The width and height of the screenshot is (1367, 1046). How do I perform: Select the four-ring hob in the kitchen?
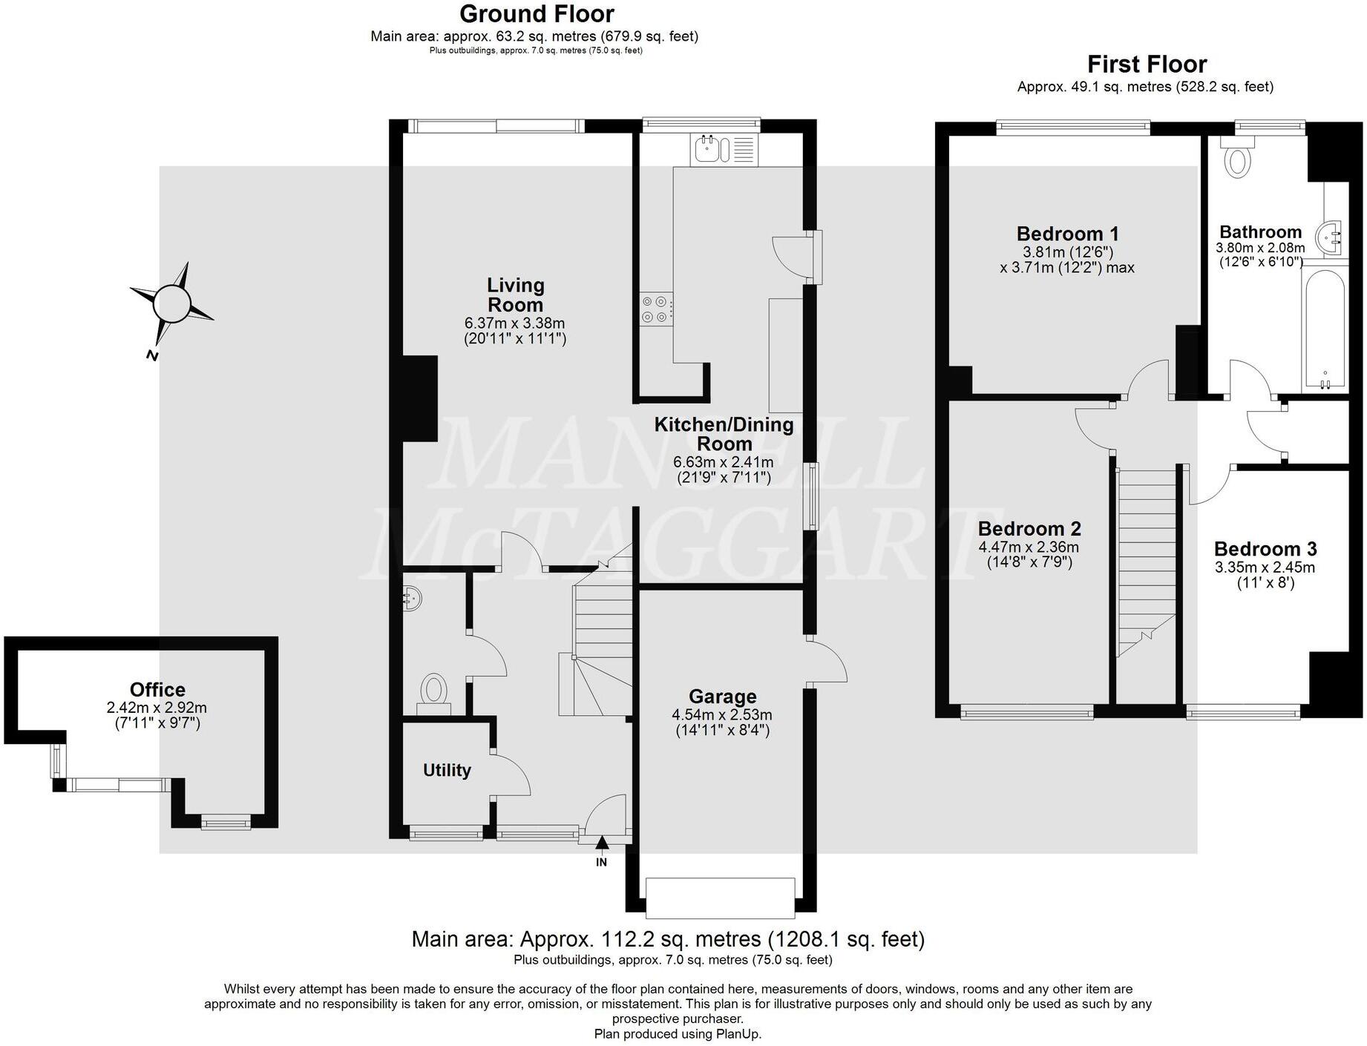point(657,309)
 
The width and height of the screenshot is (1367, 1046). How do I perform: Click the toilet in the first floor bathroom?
point(1236,160)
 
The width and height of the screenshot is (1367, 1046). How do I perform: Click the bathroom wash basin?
point(1329,238)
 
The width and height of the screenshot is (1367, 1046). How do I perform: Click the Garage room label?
point(722,697)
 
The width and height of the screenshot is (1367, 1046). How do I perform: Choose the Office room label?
point(157,689)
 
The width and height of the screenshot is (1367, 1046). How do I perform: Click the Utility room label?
point(447,770)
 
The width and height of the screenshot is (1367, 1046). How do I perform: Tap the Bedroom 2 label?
point(1029,529)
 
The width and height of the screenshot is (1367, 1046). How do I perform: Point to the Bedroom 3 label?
point(1265,549)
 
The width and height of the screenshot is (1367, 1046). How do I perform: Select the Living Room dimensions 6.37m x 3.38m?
point(514,323)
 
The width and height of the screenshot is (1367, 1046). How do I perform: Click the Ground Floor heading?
point(537,14)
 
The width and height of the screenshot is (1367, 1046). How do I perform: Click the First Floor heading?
point(1147,64)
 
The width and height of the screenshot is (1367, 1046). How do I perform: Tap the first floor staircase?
point(1147,564)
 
